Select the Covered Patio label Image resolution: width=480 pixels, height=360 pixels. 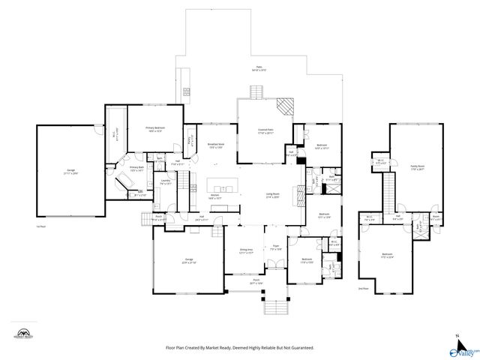264,130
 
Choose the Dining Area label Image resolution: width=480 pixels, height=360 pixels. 245,250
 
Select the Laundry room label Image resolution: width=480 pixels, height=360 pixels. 165,181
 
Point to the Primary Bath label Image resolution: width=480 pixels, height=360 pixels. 136,169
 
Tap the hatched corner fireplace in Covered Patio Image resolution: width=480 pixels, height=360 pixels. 283,106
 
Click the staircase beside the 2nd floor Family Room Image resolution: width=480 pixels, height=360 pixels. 389,191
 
